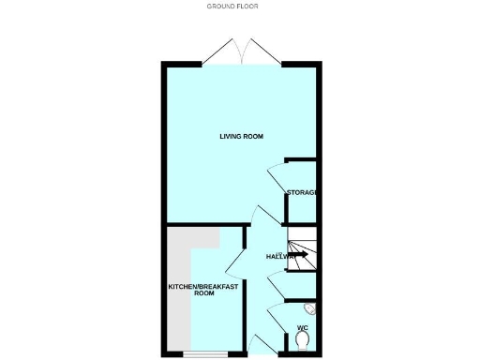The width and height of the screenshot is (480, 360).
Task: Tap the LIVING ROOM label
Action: click(x=241, y=137)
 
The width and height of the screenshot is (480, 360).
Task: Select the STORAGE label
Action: click(x=302, y=192)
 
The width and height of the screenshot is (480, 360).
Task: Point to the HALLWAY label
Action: click(x=279, y=256)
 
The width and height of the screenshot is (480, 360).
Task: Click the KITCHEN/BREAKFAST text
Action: click(x=203, y=286)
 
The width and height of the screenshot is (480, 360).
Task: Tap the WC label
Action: click(x=302, y=327)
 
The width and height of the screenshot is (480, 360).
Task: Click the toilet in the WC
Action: click(x=302, y=342)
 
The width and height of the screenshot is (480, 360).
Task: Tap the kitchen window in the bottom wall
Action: click(x=204, y=354)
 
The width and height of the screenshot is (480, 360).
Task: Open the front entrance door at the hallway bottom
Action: click(x=260, y=345)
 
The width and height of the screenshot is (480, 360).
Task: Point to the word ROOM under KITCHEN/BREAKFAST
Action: click(x=203, y=293)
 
